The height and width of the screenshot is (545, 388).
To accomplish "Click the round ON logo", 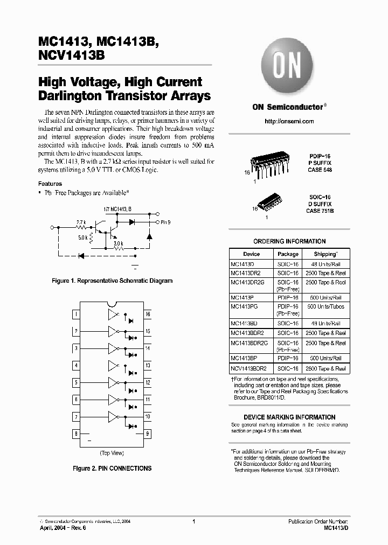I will pyautogui.click(x=289, y=67).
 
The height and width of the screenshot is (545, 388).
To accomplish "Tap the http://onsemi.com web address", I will pyautogui.click(x=289, y=122).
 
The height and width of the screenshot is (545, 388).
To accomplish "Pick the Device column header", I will pyautogui.click(x=251, y=254).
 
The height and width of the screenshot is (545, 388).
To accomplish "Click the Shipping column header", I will pyautogui.click(x=325, y=254).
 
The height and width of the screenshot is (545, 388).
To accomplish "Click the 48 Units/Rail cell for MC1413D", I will pyautogui.click(x=325, y=264).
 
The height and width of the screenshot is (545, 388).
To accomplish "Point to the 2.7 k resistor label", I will pyautogui.click(x=81, y=222).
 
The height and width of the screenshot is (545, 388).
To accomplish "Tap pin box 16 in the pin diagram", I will pyautogui.click(x=148, y=314).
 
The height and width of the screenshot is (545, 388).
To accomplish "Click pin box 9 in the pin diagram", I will pyautogui.click(x=148, y=434).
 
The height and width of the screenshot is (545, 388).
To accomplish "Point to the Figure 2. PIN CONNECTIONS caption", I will pyautogui.click(x=112, y=469).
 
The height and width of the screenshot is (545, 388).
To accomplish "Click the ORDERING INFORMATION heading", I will pyautogui.click(x=289, y=241).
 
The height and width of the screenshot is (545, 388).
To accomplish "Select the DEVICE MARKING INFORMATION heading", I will pyautogui.click(x=289, y=417).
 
